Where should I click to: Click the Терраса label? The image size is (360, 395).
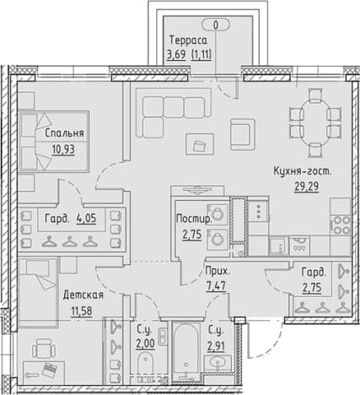click(x=188, y=41)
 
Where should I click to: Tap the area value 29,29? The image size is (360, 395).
click(x=306, y=186)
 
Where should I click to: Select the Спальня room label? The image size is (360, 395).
click(x=64, y=133)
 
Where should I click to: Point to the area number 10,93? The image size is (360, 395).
click(x=63, y=149)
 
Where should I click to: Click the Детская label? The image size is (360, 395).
click(x=83, y=295)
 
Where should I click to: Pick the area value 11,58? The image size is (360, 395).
click(x=82, y=311)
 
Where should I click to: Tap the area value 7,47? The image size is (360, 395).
click(x=216, y=287)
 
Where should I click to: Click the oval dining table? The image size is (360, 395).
click(x=315, y=122)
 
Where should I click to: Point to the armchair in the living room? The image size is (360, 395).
click(x=243, y=134)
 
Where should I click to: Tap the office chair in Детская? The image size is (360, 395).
click(x=44, y=349)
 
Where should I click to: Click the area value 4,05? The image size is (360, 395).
click(x=86, y=218)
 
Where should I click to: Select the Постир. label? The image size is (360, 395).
click(x=193, y=219)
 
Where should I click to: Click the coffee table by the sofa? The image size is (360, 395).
click(x=200, y=143)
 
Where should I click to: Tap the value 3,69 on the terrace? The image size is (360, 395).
click(x=176, y=54)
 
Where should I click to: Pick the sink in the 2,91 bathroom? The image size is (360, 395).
click(x=218, y=362)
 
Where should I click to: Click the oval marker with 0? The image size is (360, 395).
click(x=216, y=25)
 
